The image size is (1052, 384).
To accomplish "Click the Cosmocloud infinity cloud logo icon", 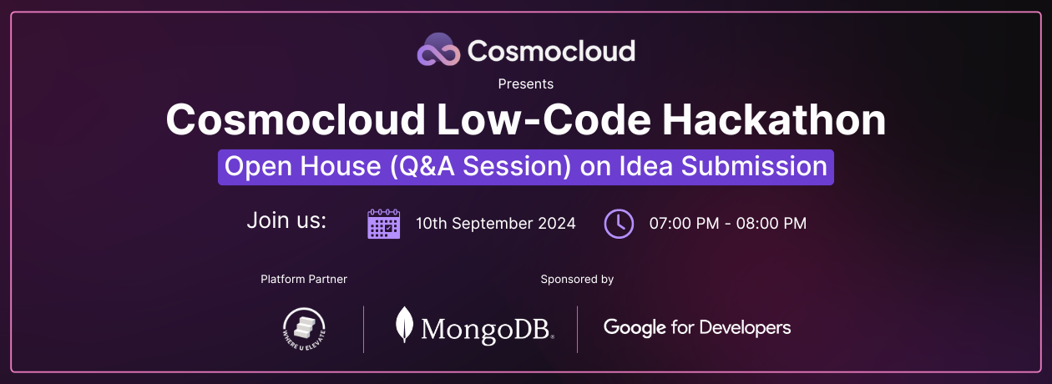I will pos(439,50).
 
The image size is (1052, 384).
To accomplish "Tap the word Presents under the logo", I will pos(526,83).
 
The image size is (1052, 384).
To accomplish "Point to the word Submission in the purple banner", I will pos(754,166).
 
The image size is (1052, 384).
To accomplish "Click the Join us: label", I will pos(286,221).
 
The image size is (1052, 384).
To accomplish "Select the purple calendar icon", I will pos(384,224).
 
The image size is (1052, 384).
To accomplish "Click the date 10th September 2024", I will pos(496,224).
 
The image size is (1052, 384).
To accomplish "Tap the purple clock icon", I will pos(619,224).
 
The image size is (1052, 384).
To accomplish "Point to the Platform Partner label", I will pos(304,279).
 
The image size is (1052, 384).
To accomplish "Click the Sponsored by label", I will pos(577,279).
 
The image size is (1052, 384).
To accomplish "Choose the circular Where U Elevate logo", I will pos(304,328).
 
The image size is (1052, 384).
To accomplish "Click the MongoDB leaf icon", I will pos(405,326).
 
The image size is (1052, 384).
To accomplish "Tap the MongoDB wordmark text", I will pos(486,329).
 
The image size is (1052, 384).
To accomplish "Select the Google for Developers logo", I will pos(697,327).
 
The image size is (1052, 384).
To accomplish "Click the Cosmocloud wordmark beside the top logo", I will pos(551,51).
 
